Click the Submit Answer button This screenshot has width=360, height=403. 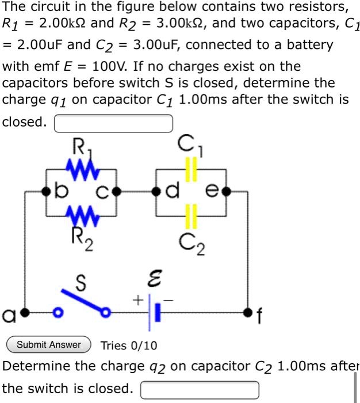(x=48, y=345)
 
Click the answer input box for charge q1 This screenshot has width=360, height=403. (x=113, y=123)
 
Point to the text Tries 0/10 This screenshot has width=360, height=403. (x=128, y=345)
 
